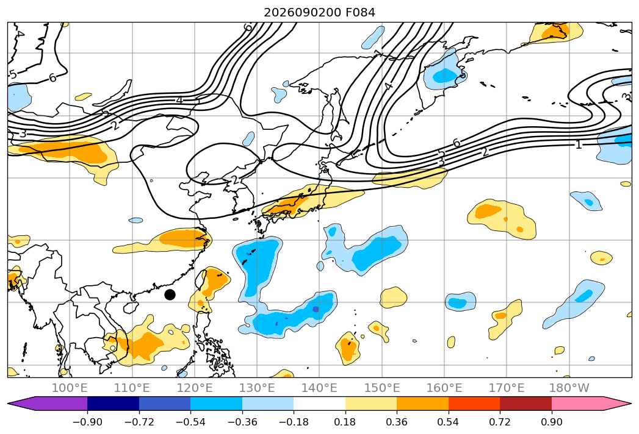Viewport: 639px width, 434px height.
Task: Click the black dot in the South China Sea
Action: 170,294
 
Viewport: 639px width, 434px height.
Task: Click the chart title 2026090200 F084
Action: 320,13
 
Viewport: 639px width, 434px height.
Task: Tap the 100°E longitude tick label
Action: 70,388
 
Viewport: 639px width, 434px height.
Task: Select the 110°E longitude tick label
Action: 132,388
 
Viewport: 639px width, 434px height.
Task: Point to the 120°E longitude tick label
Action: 195,388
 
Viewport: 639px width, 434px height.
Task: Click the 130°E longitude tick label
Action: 257,388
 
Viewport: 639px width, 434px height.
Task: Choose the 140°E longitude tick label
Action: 319,388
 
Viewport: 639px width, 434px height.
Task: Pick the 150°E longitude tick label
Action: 382,388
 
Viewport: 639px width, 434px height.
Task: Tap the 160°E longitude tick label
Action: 444,388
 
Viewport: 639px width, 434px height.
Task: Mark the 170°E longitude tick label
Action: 507,388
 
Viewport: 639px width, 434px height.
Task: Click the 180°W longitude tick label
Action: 569,388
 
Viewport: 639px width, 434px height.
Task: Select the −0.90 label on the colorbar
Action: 87,422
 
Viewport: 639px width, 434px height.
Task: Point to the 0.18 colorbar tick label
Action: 345,422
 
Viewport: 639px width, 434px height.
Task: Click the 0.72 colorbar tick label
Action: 500,422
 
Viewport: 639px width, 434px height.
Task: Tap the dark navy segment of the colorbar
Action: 113,403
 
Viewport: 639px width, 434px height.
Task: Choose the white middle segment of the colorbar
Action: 320,403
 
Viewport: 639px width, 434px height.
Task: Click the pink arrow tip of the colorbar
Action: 631,403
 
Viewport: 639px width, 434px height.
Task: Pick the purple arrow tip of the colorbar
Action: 8,403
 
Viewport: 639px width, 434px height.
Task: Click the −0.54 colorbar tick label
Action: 190,422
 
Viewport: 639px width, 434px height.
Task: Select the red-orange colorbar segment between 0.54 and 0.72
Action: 474,403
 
